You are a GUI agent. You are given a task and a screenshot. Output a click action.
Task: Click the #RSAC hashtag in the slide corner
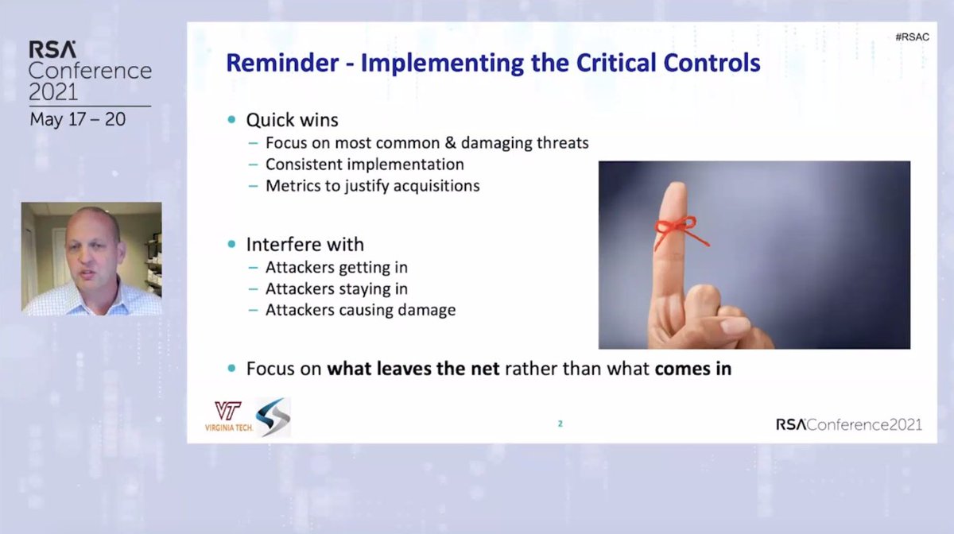911,37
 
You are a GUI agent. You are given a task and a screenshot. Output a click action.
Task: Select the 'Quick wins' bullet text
292,120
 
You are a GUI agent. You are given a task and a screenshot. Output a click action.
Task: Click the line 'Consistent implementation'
365,164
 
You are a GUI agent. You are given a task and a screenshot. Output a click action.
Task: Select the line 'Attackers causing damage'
360,310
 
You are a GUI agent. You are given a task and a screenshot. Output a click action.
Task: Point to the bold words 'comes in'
692,369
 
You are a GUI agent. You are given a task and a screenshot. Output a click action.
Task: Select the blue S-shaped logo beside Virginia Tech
273,417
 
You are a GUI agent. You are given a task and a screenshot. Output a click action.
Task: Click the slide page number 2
560,424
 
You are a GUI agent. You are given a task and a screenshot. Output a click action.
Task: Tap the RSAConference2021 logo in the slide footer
848,424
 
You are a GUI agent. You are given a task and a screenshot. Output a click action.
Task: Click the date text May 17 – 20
77,119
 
